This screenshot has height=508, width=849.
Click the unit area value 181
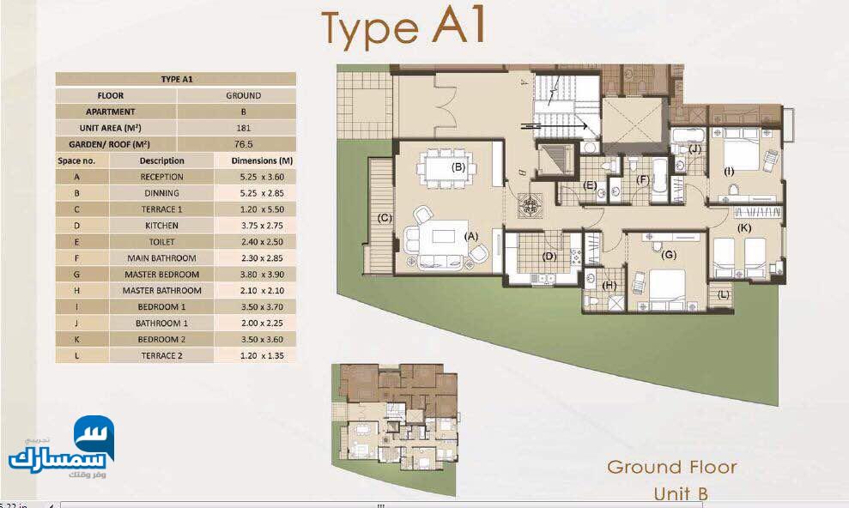243,128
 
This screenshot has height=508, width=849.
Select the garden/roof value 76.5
243,144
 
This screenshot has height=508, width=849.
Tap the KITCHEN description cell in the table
161,226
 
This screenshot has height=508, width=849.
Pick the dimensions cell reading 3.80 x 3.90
262,275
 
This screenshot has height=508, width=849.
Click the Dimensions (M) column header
262,160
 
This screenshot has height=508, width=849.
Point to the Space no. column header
76,160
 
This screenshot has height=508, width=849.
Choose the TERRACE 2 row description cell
161,355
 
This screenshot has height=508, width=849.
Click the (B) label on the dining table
458,166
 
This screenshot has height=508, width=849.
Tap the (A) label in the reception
471,236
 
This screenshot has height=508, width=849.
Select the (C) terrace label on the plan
385,218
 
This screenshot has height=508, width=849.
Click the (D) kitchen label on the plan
549,256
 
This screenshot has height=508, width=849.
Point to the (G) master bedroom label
669,254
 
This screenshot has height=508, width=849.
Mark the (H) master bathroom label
609,285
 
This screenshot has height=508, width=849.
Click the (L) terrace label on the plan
724,295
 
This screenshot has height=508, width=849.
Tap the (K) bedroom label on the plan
744,227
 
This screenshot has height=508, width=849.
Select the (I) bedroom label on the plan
729,172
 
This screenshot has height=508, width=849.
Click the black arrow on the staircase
555,127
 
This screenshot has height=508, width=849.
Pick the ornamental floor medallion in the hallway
529,205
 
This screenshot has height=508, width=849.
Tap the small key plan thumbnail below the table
395,418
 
